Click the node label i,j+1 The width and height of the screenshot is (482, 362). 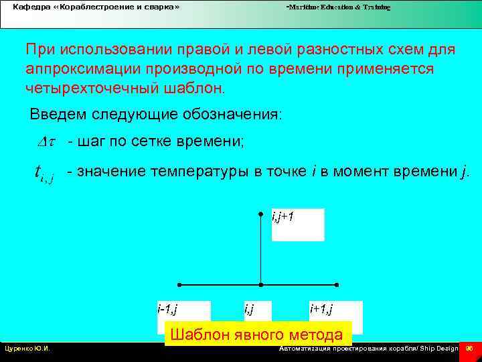(283, 217)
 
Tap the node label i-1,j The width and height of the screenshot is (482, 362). (167, 309)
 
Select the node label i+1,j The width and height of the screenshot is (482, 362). (321, 309)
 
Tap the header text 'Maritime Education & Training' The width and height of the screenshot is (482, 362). (339, 7)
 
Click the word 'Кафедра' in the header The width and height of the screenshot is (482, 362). (29, 7)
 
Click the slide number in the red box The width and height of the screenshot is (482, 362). (469, 349)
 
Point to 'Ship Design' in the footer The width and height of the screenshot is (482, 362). (439, 349)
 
